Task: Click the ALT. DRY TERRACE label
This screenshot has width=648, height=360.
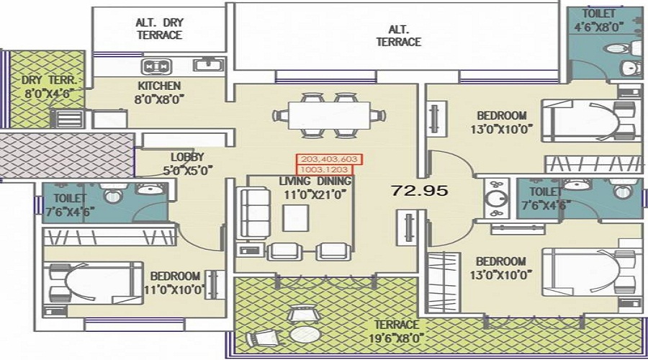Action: [158, 29]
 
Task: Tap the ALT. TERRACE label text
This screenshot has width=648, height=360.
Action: [398, 36]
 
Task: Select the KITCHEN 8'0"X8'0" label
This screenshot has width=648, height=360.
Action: [159, 92]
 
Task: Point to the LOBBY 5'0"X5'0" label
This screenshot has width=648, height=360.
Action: [187, 163]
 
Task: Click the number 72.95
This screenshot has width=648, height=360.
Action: [420, 191]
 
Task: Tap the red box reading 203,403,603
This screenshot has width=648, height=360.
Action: [328, 159]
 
